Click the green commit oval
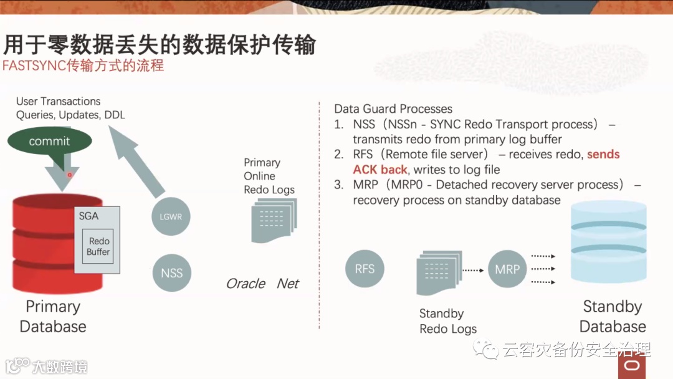click(49, 141)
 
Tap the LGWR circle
click(171, 217)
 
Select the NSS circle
click(171, 273)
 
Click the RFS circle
click(365, 269)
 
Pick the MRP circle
click(507, 269)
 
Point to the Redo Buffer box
click(98, 246)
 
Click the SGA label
click(88, 216)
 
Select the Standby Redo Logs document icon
click(439, 272)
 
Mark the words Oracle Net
click(262, 284)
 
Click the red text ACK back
click(380, 170)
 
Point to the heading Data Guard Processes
click(393, 108)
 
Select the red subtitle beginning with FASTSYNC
click(83, 65)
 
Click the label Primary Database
click(53, 317)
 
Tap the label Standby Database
click(613, 317)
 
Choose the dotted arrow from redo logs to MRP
click(473, 270)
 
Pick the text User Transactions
click(58, 101)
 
